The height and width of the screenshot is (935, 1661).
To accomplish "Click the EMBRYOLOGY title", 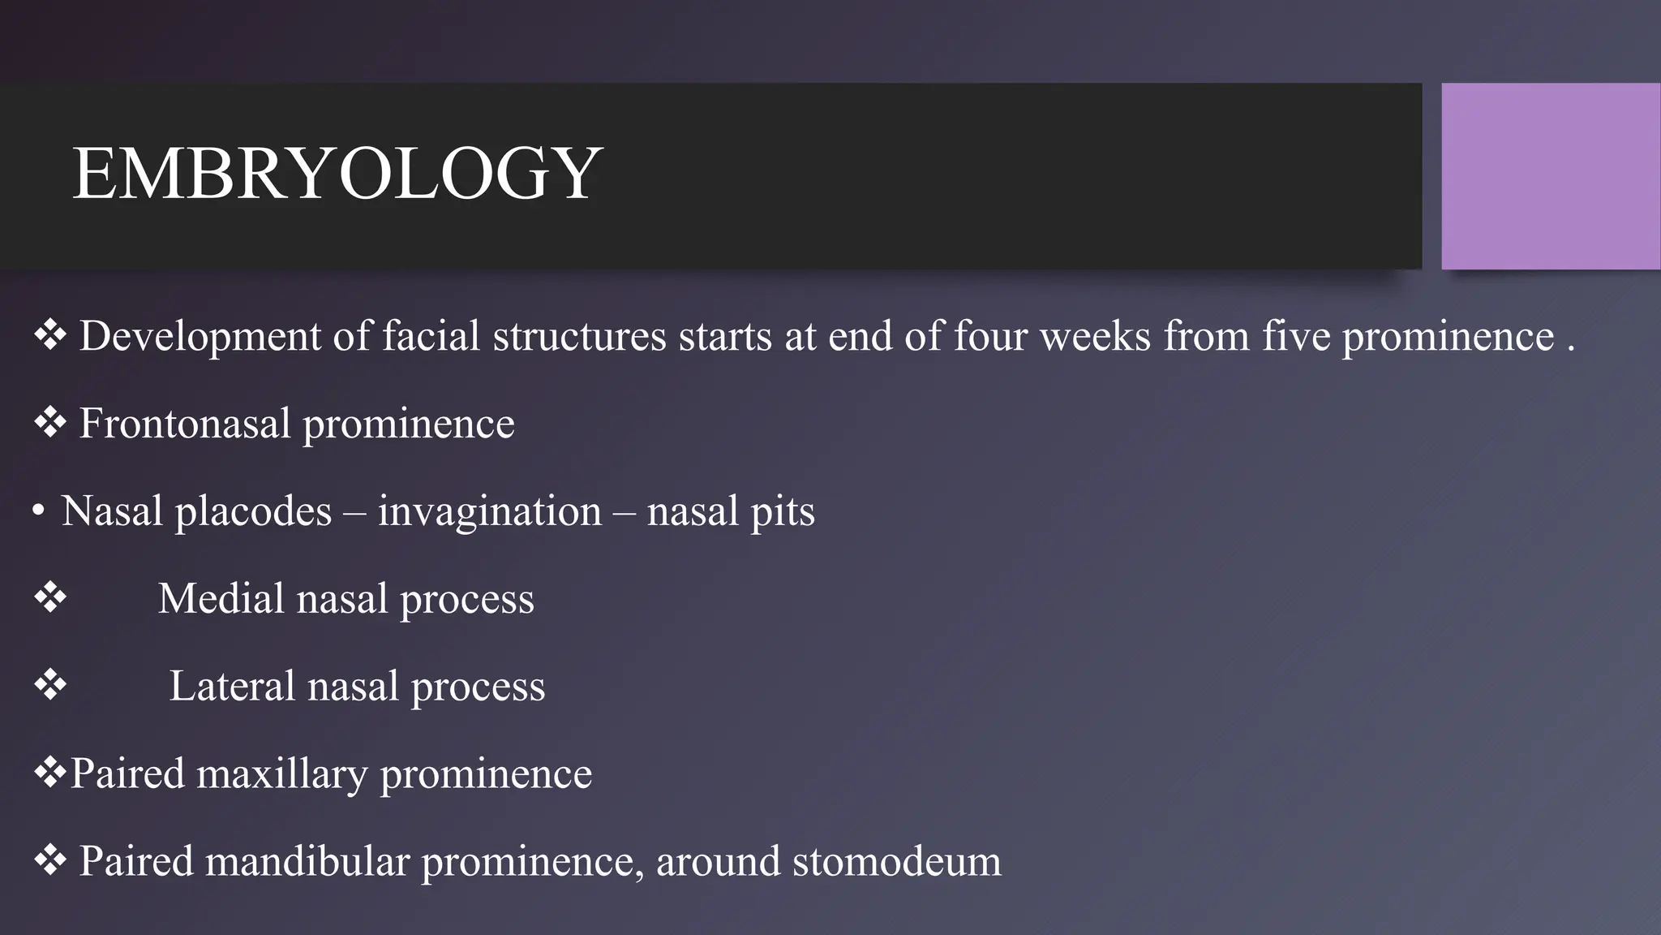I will [337, 174].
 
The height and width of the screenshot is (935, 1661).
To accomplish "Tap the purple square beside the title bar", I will [1550, 176].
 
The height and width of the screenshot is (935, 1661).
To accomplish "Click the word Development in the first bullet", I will [200, 336].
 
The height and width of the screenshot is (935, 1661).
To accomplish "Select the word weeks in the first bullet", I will [1095, 336].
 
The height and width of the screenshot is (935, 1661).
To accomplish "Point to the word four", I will [990, 336].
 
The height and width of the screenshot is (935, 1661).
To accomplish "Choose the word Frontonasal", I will [184, 424].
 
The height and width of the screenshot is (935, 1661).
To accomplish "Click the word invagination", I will [489, 511].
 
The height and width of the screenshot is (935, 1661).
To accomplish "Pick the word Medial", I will [221, 599].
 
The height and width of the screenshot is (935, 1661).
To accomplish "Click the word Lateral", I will [231, 687].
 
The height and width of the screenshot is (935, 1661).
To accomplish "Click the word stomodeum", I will [896, 861].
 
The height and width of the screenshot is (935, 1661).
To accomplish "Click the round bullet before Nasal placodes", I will [38, 512].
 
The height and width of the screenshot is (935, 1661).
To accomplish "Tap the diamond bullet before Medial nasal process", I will [50, 598].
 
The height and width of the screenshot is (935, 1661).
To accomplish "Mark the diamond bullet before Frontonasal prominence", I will [50, 423].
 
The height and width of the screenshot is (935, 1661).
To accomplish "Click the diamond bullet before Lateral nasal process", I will [50, 686].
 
